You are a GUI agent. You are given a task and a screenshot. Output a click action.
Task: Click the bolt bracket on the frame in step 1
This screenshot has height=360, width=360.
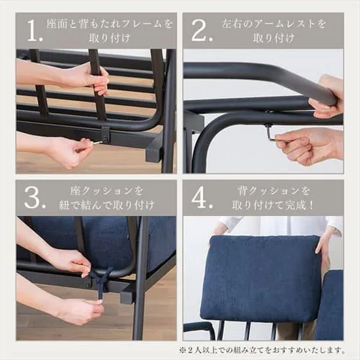point(105,135)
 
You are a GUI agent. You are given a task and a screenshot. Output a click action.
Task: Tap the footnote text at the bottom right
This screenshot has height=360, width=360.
point(261,350)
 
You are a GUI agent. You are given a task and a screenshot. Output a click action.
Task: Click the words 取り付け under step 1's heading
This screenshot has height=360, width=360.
point(109,38)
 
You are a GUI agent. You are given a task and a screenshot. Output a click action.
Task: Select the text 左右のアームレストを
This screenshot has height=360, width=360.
point(274,24)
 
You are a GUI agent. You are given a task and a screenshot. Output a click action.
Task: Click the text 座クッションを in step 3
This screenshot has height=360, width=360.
point(107,191)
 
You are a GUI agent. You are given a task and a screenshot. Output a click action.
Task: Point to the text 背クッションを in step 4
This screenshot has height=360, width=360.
point(274,191)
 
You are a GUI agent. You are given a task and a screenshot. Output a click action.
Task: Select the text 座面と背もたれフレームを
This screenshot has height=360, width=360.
point(109,24)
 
